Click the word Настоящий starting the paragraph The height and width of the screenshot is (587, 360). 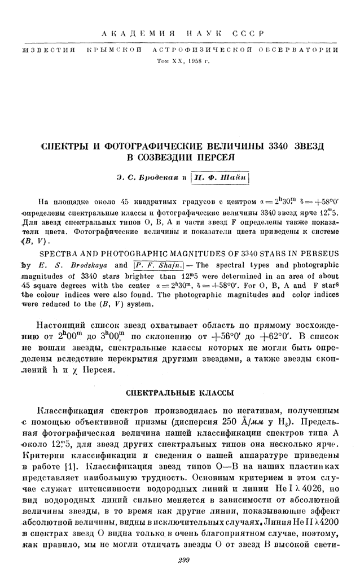tap(63, 326)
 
